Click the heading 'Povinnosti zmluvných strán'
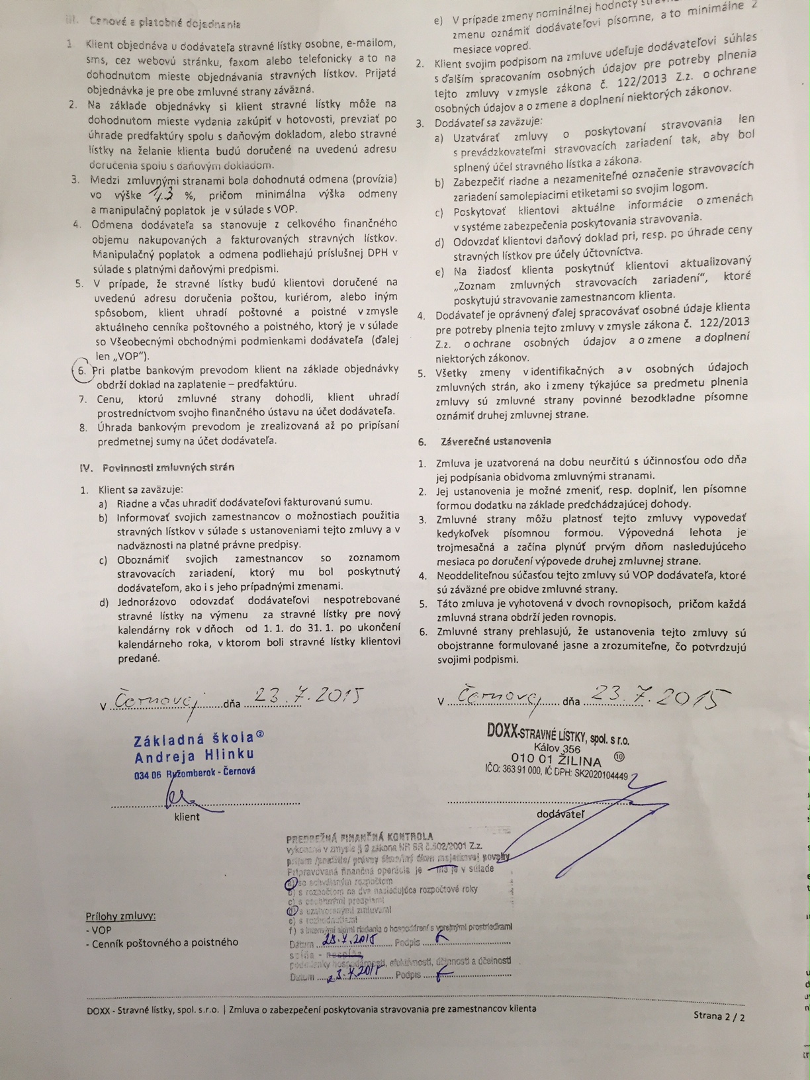pyautogui.click(x=168, y=467)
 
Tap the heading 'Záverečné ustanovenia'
pyautogui.click(x=492, y=441)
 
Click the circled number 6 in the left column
pyautogui.click(x=81, y=371)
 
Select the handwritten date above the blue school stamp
pyautogui.click(x=306, y=696)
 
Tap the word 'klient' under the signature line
pyautogui.click(x=187, y=817)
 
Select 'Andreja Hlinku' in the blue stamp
pyautogui.click(x=194, y=756)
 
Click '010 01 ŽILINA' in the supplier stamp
pyautogui.click(x=555, y=759)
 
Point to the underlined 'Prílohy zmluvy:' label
pyautogui.click(x=120, y=916)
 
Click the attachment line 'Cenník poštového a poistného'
pyautogui.click(x=161, y=942)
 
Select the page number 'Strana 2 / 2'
pyautogui.click(x=719, y=1016)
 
